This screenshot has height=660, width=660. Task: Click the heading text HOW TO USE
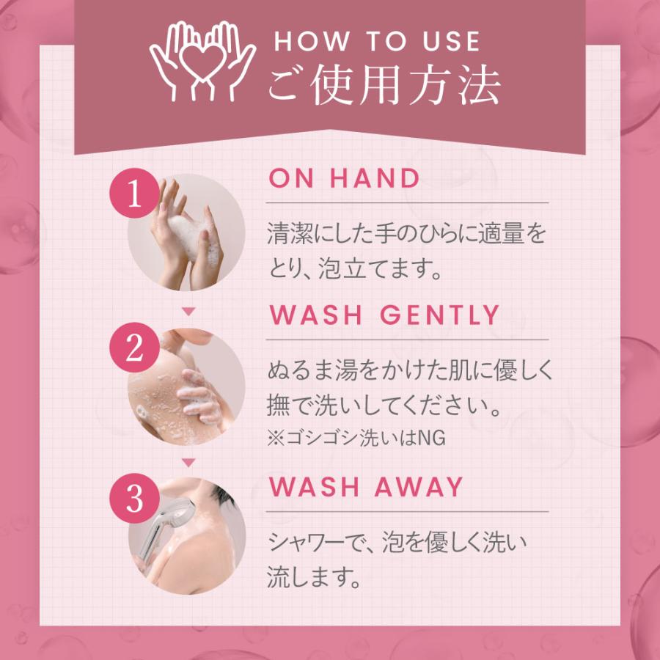377,42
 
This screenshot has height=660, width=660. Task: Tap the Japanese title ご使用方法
384,87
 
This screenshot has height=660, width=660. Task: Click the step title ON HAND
344,179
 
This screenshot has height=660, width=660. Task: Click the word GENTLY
440,316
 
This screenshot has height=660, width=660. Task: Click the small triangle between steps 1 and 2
188,312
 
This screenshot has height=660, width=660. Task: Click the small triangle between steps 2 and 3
188,463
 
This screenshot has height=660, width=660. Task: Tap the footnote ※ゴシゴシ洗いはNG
356,439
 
